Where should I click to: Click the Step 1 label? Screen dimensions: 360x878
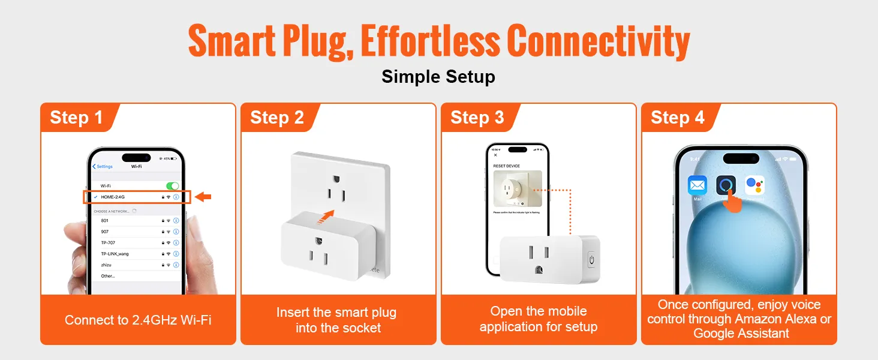pos(76,118)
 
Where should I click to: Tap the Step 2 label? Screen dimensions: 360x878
pos(276,118)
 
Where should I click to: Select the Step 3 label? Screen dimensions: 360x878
pos(477,118)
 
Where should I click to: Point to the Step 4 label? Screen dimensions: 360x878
pos(677,118)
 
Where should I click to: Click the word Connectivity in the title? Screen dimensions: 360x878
pos(598,41)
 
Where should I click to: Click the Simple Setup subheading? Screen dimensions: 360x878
pos(438,77)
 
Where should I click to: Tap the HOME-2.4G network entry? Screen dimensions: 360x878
pos(113,197)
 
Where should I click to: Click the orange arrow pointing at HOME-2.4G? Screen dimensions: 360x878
pos(203,197)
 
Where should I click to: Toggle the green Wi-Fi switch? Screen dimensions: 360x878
pos(172,186)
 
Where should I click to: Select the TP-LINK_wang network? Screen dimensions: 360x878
pos(115,254)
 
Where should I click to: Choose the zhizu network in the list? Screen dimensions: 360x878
pos(106,265)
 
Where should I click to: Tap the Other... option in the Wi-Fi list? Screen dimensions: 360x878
pos(108,276)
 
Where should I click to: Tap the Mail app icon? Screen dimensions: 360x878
pos(697,186)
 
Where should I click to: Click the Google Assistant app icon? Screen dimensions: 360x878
pos(754,185)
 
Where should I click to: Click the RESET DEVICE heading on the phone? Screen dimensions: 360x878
pos(507,166)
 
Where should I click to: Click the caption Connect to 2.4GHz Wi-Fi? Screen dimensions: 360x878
pos(138,320)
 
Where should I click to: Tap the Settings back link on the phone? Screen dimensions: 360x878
pos(103,166)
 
